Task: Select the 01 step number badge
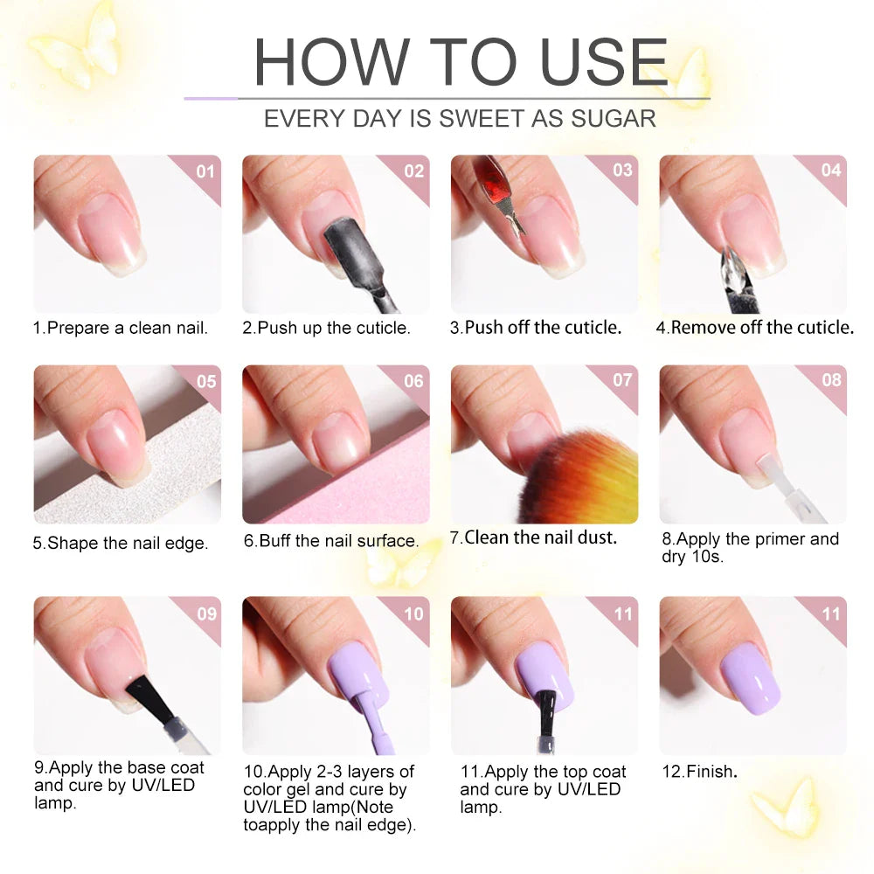pyautogui.click(x=205, y=171)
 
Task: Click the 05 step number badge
pyautogui.click(x=205, y=381)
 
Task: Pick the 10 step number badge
pyautogui.click(x=413, y=614)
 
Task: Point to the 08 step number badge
pyautogui.click(x=831, y=381)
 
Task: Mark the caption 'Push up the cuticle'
pyautogui.click(x=327, y=329)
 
